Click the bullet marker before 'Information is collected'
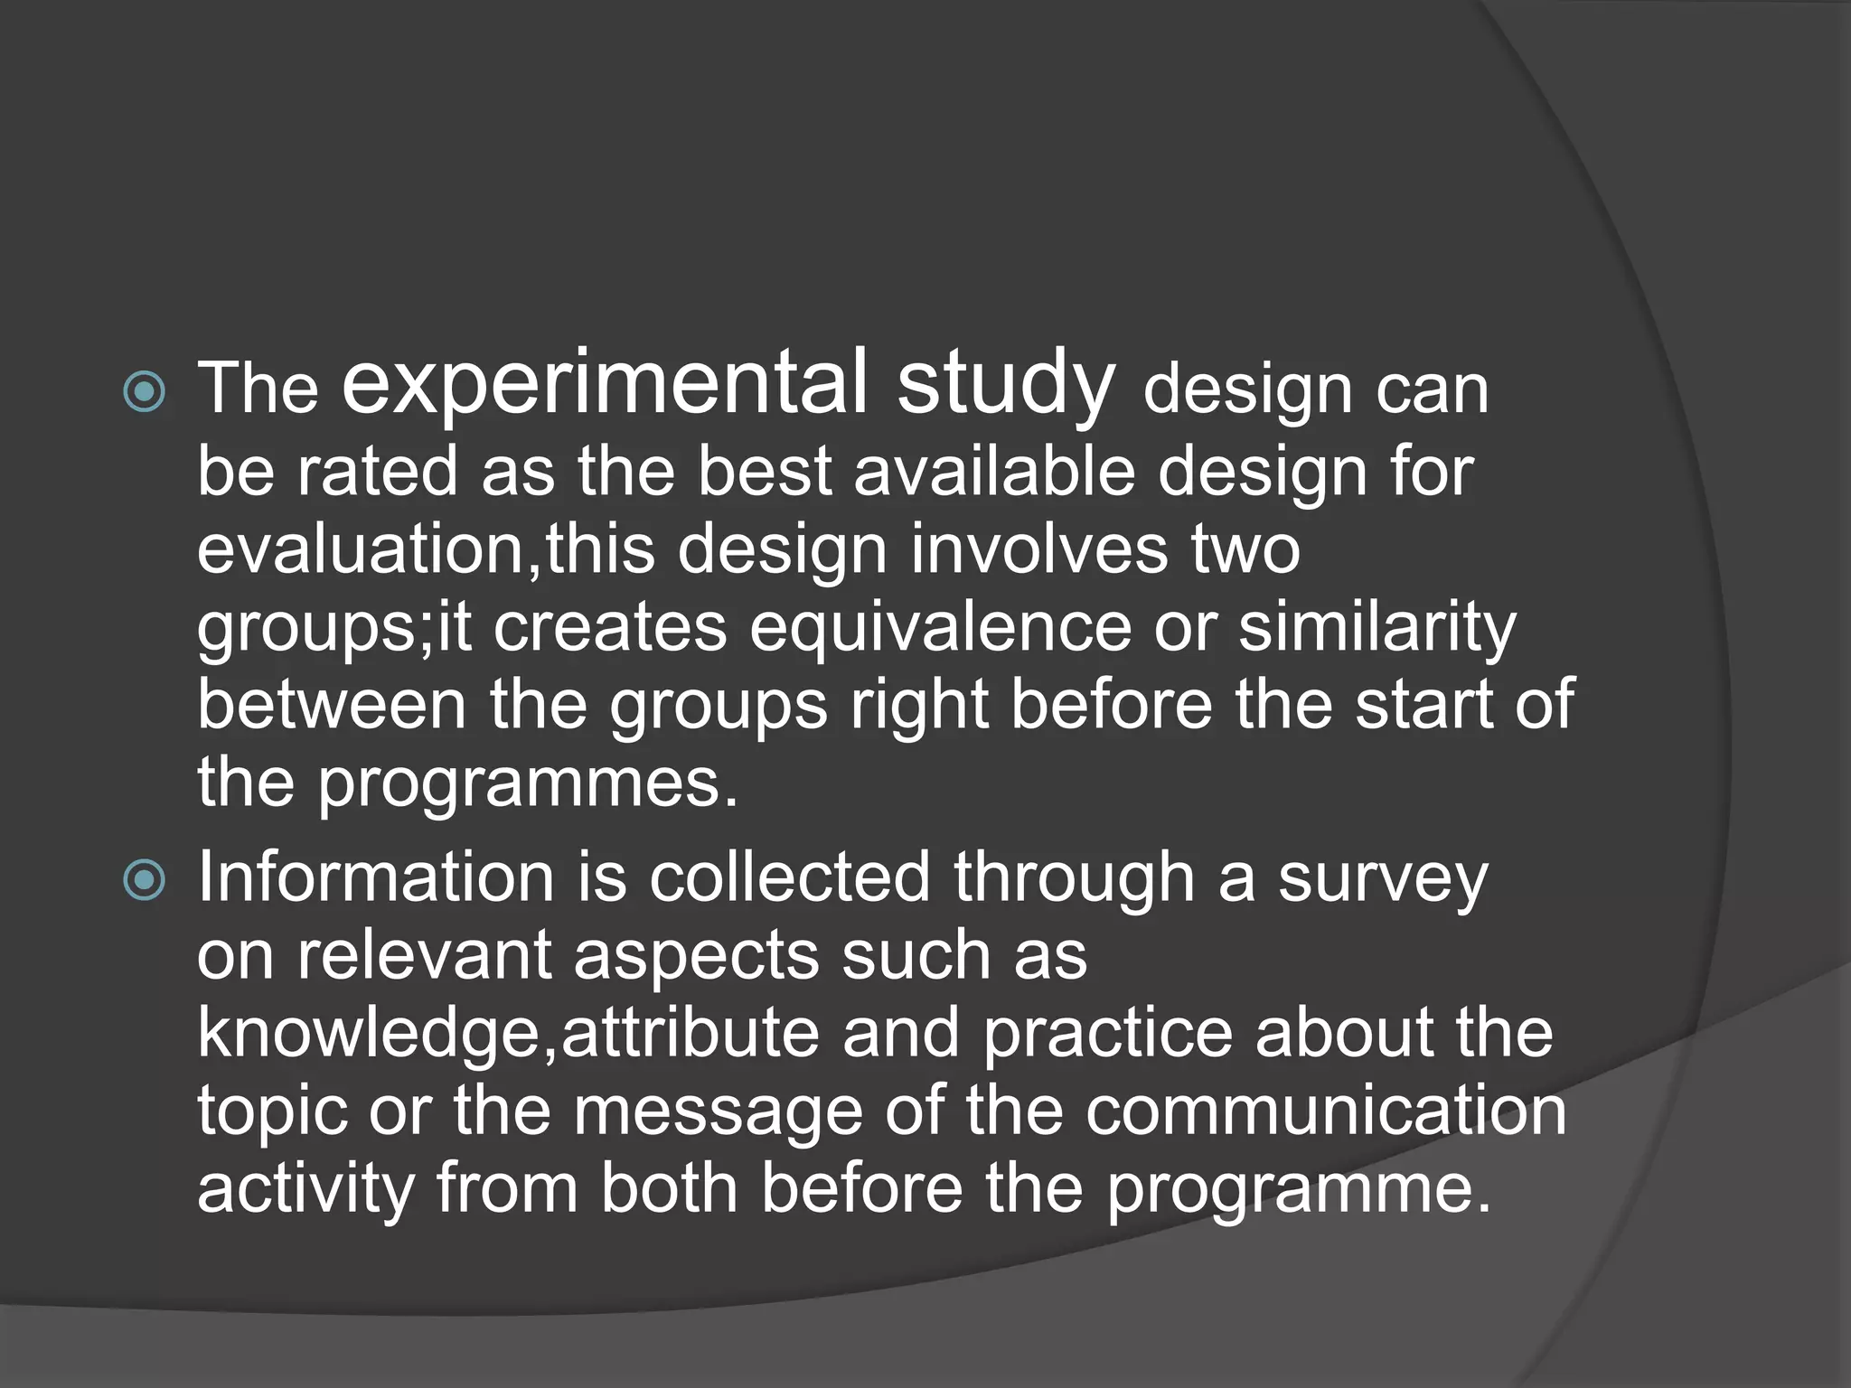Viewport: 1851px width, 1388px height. pyautogui.click(x=144, y=880)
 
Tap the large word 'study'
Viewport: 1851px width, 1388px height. pyautogui.click(x=1005, y=385)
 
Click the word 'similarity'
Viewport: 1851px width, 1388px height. pyautogui.click(x=1377, y=628)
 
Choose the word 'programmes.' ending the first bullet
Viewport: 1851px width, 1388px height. pyautogui.click(x=529, y=783)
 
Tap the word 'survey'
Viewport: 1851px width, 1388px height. pyautogui.click(x=1382, y=880)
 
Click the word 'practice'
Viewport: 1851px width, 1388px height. pyautogui.click(x=1107, y=1035)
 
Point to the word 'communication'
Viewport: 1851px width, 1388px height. pyautogui.click(x=1326, y=1111)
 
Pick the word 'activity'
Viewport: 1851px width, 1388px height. pyautogui.click(x=305, y=1190)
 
